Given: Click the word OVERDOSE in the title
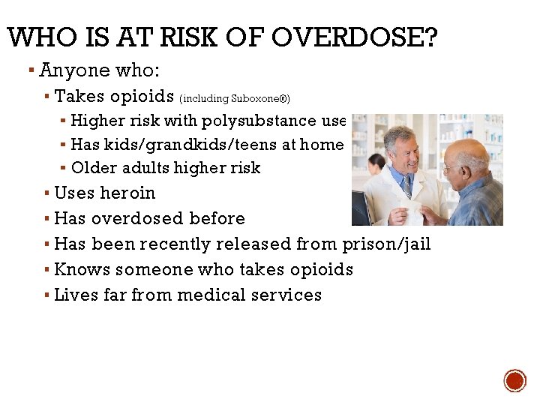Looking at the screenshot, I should [x=352, y=37].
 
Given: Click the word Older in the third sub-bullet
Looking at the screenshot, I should [x=93, y=167].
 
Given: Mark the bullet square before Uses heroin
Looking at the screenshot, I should [x=47, y=193].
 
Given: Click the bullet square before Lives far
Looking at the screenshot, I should [x=47, y=295].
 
